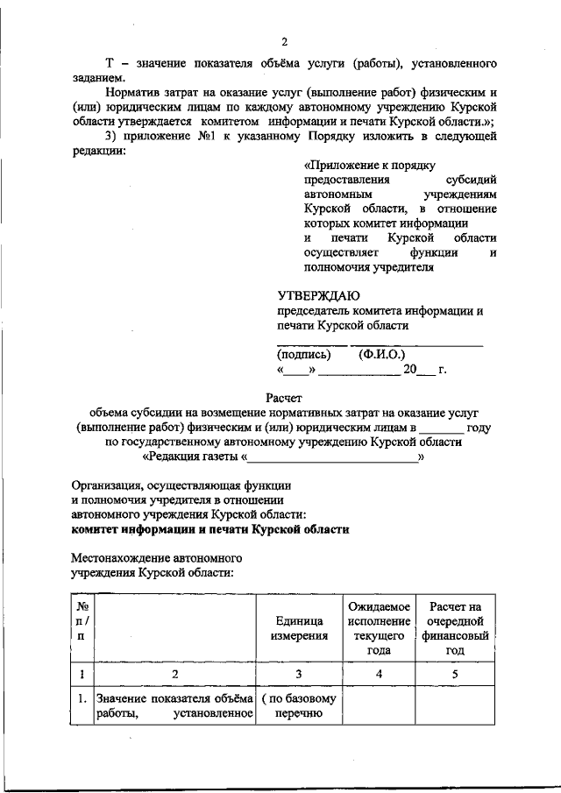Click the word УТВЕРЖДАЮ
click(318, 294)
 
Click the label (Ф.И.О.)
click(382, 355)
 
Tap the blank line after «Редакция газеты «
click(333, 457)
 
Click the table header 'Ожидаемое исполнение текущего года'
click(380, 628)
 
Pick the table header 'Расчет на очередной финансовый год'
click(455, 628)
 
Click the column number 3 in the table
click(299, 674)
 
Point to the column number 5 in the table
click(455, 674)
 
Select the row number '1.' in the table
click(81, 699)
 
